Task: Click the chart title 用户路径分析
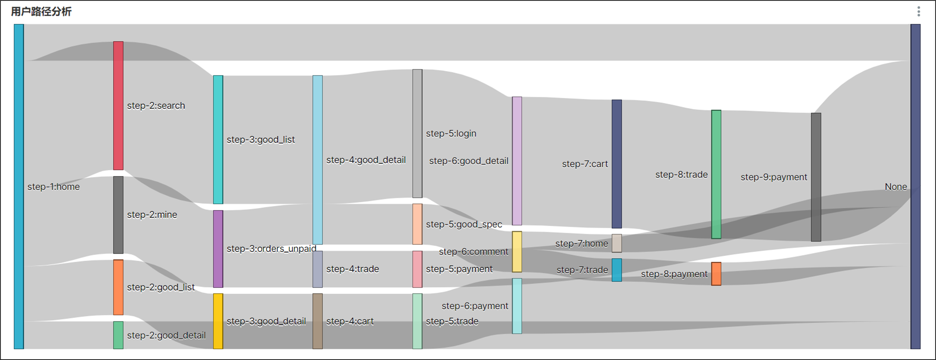[x=41, y=12]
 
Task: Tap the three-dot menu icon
[x=918, y=12]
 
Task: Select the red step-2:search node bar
[x=118, y=106]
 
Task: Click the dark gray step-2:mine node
[x=118, y=215]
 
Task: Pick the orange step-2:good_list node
[x=118, y=287]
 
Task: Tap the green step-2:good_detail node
[x=118, y=335]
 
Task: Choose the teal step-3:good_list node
[x=218, y=140]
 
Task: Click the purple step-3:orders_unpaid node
[x=218, y=249]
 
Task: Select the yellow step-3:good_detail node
[x=218, y=321]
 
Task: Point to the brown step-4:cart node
[x=318, y=321]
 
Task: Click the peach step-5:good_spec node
[x=417, y=224]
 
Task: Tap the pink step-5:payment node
[x=417, y=269]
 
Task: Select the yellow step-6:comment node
[x=517, y=252]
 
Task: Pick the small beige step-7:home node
[x=617, y=243]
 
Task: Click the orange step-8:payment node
[x=716, y=274]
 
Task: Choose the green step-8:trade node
[x=716, y=174]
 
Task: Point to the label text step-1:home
[x=53, y=187]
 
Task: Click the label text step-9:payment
[x=774, y=177]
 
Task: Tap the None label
[x=896, y=187]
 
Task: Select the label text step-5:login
[x=451, y=133]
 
